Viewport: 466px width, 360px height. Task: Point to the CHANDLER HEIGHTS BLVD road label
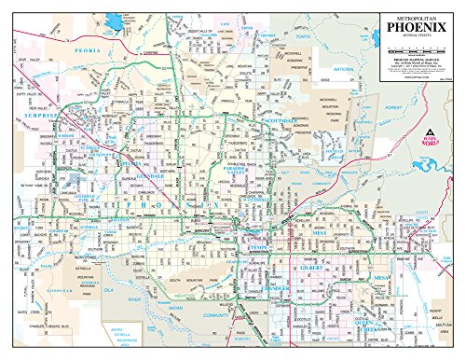coord(51,327)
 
